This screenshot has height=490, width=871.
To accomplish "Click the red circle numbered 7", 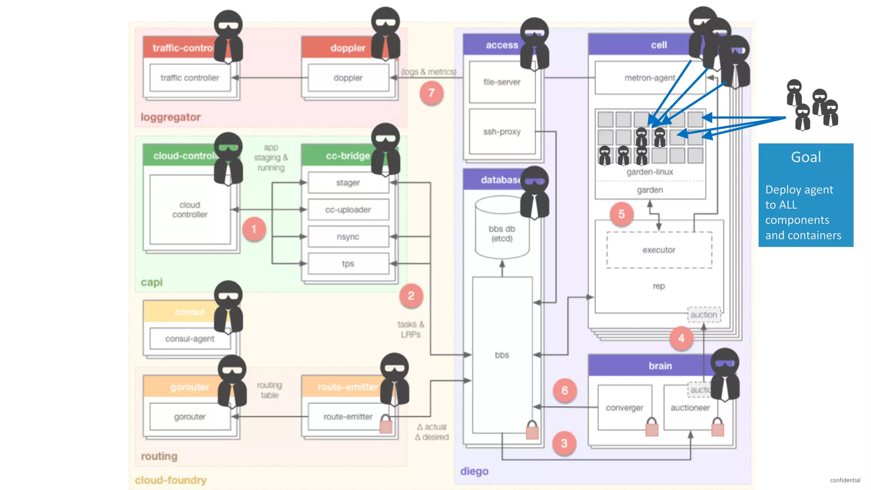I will [431, 93].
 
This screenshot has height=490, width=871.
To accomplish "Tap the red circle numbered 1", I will [254, 229].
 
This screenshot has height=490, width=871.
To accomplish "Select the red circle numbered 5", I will [621, 214].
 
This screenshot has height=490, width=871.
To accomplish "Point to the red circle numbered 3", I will [564, 443].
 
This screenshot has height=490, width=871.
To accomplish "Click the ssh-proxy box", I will [502, 132].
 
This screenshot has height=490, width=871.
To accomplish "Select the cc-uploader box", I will [348, 210].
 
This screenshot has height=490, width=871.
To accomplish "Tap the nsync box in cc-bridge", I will [348, 237].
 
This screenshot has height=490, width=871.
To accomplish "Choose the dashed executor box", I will [659, 250].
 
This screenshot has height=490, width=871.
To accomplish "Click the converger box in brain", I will [624, 407].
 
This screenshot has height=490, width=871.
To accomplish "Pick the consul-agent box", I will [190, 339].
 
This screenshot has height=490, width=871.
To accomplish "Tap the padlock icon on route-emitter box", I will [386, 424].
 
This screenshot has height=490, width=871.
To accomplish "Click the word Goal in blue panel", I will [806, 157].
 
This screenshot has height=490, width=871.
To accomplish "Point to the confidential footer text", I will [845, 480].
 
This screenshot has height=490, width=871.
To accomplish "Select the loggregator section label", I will [171, 117].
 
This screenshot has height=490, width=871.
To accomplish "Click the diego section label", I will [474, 471].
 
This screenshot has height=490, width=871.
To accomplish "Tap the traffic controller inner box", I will [190, 78].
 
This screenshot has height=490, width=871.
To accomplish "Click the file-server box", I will [502, 82].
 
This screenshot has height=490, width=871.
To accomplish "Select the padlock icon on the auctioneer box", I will [717, 427].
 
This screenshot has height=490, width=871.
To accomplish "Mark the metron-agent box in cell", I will [649, 78].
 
